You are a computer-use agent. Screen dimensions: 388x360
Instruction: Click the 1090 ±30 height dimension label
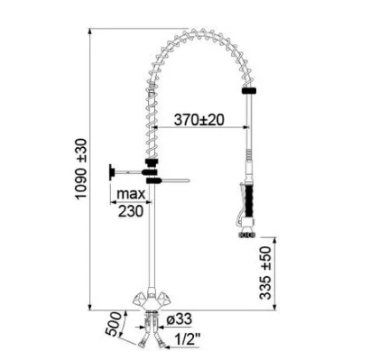[x=81, y=169]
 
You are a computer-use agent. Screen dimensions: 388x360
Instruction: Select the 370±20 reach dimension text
[x=199, y=120]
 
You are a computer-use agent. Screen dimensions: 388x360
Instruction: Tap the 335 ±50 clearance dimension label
[x=265, y=273]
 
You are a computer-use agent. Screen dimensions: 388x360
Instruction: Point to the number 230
[x=131, y=211]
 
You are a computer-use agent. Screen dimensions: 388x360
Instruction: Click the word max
[x=131, y=194]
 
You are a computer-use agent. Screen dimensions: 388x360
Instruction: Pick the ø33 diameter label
[x=179, y=319]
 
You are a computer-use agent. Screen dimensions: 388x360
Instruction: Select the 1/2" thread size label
[x=187, y=339]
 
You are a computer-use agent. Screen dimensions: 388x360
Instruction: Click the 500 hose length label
[x=114, y=324]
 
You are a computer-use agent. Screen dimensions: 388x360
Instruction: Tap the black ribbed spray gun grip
[x=249, y=201]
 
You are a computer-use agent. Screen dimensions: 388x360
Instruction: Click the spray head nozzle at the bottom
[x=247, y=235]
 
